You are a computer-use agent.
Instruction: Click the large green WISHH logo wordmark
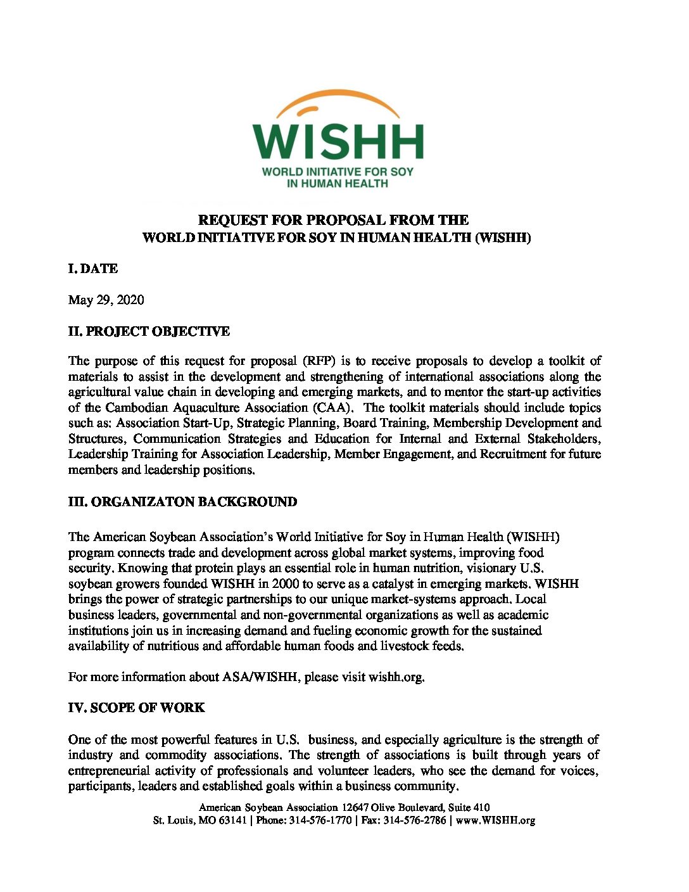(338, 141)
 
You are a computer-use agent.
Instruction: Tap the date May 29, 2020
(106, 300)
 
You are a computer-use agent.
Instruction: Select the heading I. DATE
(93, 269)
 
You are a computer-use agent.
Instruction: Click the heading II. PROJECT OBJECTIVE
(149, 331)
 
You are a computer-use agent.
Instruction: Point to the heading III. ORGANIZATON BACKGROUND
(182, 502)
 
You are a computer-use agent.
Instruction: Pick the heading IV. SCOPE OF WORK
(136, 708)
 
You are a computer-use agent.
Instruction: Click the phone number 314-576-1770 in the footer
(320, 820)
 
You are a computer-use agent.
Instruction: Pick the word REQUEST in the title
(232, 220)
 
